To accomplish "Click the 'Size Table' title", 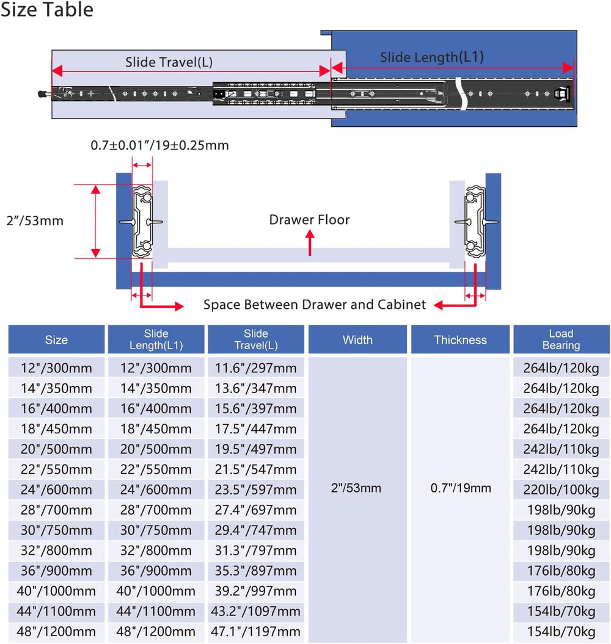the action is pos(47,9).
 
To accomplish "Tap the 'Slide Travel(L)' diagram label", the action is pos(169,62).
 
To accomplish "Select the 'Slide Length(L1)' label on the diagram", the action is pos(432,57).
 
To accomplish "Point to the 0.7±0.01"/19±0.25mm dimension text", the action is pos(159,145).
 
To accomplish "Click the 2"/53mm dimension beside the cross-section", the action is pos(35,221).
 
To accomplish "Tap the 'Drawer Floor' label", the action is pos(309,220).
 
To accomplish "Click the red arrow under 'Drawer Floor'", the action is pos(310,243).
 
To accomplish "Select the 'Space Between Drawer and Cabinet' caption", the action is pos(315,305).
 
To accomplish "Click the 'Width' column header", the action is pos(357,339).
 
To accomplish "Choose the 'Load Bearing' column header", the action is pos(561,339).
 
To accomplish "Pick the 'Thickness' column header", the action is pos(460,339).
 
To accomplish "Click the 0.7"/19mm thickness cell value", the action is pos(461,488).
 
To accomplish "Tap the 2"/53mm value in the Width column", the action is pos(356,488).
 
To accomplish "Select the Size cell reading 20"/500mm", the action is pos(56,449).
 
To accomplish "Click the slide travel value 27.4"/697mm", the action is pos(256,510).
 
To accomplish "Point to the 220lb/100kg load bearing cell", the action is pos(561,490).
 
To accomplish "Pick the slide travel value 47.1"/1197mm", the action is pos(256,631).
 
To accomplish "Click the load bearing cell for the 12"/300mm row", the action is pos(561,368).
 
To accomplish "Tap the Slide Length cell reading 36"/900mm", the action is pos(156,571).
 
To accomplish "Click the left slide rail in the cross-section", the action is pos(142,222).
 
